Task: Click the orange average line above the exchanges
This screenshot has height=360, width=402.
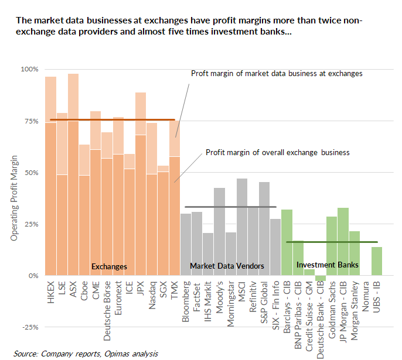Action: tap(111, 119)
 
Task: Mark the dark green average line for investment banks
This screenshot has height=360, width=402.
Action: tap(332, 242)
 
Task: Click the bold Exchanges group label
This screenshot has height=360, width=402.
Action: tap(109, 266)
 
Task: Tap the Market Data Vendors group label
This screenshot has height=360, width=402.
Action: tap(227, 266)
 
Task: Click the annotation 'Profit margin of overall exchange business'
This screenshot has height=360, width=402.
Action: tap(277, 152)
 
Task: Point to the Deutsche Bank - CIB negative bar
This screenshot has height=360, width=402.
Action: tap(321, 278)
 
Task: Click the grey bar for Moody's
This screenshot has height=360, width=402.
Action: tap(219, 231)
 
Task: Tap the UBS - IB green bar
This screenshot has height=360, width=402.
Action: tap(377, 261)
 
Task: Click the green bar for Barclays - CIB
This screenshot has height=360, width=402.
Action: tap(287, 242)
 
